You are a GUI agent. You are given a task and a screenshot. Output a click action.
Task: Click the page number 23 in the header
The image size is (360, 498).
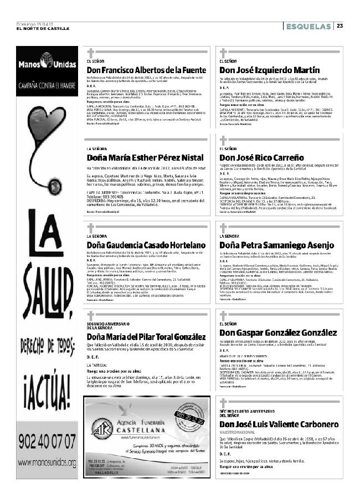(340, 25)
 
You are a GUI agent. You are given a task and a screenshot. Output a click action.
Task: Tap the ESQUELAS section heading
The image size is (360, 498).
(308, 25)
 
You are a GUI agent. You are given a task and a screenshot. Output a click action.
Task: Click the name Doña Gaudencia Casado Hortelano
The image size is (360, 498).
(146, 245)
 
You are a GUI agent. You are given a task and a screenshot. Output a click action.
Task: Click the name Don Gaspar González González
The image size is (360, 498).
(277, 332)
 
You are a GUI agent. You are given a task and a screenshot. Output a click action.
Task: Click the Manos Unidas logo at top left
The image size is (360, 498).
(47, 65)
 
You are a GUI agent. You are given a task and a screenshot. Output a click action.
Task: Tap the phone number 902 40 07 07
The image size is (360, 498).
(47, 441)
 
